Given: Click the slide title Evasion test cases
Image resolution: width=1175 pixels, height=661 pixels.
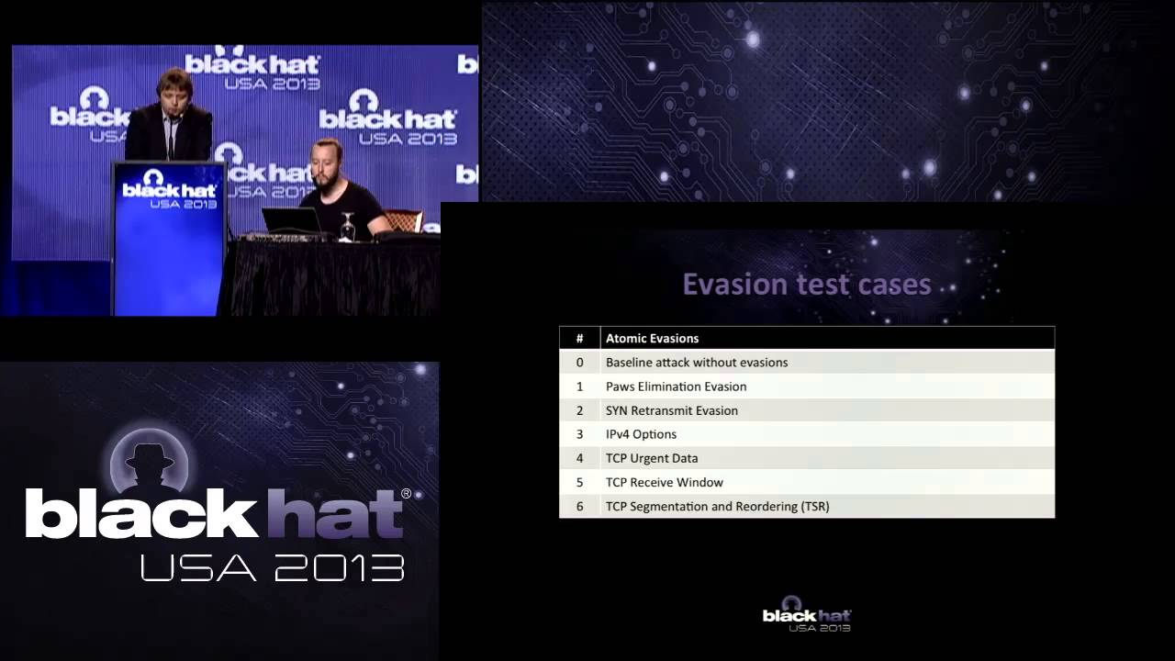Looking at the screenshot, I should pyautogui.click(x=806, y=285).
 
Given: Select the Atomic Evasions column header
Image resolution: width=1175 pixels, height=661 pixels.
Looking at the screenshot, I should pyautogui.click(x=652, y=338).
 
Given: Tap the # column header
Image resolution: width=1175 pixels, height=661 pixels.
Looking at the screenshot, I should pyautogui.click(x=579, y=338).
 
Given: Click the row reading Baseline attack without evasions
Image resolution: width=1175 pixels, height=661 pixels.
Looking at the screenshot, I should pyautogui.click(x=696, y=363).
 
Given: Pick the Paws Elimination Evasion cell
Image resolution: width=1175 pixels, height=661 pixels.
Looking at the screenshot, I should pyautogui.click(x=676, y=387).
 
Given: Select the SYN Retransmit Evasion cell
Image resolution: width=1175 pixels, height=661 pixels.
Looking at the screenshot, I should pyautogui.click(x=671, y=410).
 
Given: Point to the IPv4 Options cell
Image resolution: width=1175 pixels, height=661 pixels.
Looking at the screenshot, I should pyautogui.click(x=641, y=434).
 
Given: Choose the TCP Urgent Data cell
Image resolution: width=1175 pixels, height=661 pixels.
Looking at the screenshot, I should pyautogui.click(x=651, y=458).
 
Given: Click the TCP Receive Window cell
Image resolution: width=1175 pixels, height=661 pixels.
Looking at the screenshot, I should pyautogui.click(x=664, y=482).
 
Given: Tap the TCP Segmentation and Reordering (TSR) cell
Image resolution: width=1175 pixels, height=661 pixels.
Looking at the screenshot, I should pyautogui.click(x=717, y=506).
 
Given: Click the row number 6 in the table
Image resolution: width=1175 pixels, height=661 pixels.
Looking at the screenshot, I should pyautogui.click(x=579, y=506).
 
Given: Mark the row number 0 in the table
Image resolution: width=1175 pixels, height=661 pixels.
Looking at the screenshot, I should pyautogui.click(x=579, y=363).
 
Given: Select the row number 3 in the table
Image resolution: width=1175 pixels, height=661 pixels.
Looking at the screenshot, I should pyautogui.click(x=579, y=434).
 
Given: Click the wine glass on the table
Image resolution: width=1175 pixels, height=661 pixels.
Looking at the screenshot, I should pyautogui.click(x=347, y=226).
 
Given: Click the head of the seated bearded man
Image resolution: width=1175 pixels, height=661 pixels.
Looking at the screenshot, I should pyautogui.click(x=327, y=160).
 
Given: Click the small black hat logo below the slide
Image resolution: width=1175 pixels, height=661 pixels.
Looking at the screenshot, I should pyautogui.click(x=807, y=619).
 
